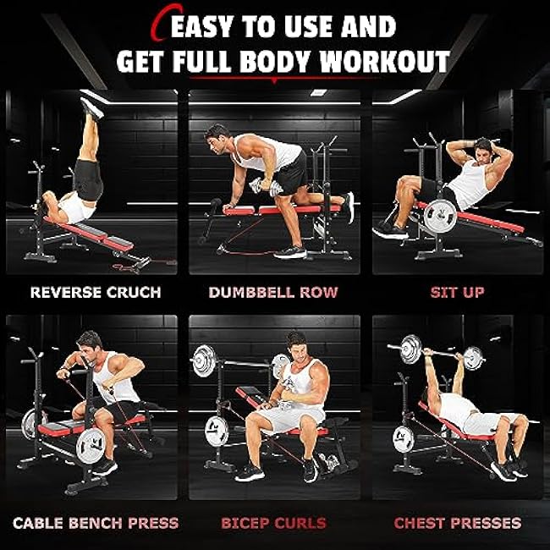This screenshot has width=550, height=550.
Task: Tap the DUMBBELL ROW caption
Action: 274,293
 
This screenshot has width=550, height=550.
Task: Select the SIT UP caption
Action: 457,293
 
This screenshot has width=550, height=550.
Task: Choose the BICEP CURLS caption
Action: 274,523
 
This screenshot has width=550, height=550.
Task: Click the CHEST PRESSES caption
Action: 458,523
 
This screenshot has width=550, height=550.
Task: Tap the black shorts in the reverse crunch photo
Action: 87,178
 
